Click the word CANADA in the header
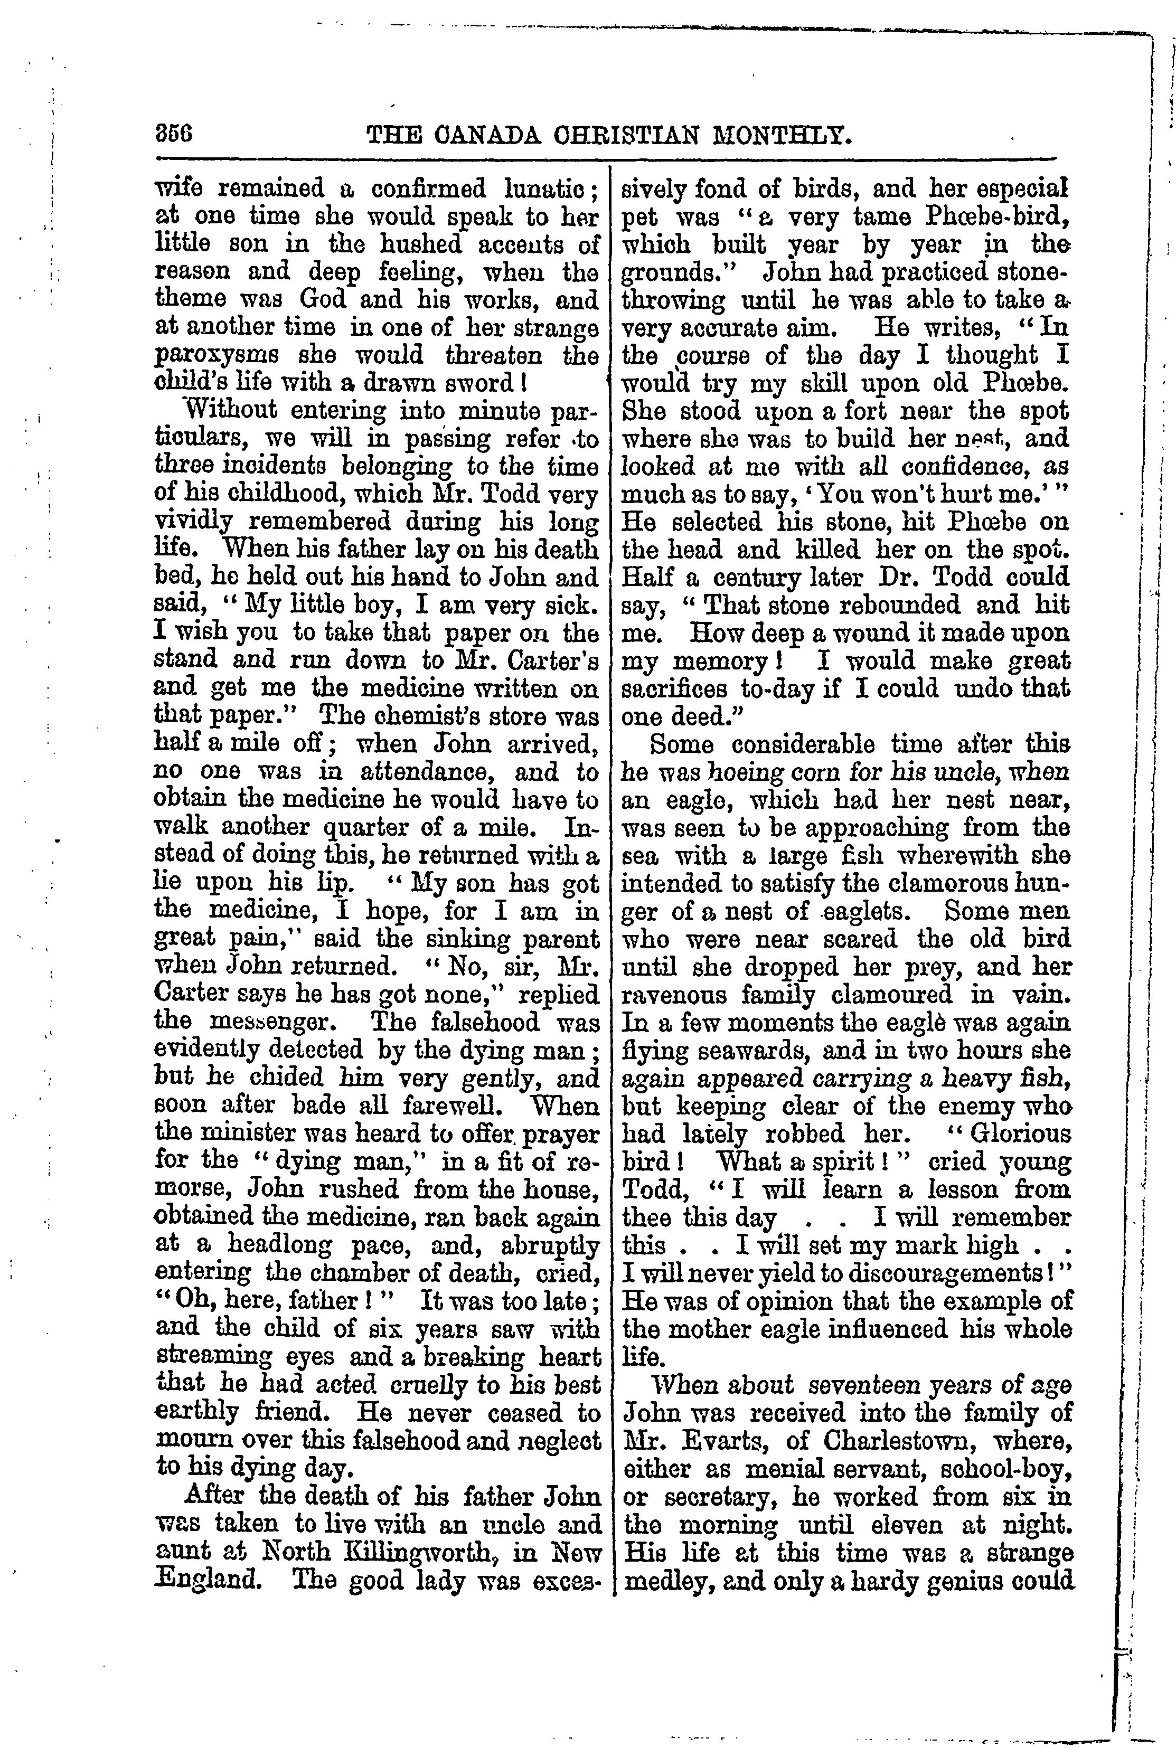click(481, 135)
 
